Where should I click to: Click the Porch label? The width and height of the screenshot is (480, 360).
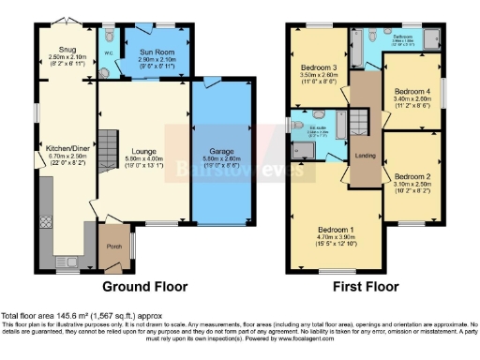click(115, 247)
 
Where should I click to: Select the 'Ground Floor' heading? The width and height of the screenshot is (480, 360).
click(144, 286)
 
